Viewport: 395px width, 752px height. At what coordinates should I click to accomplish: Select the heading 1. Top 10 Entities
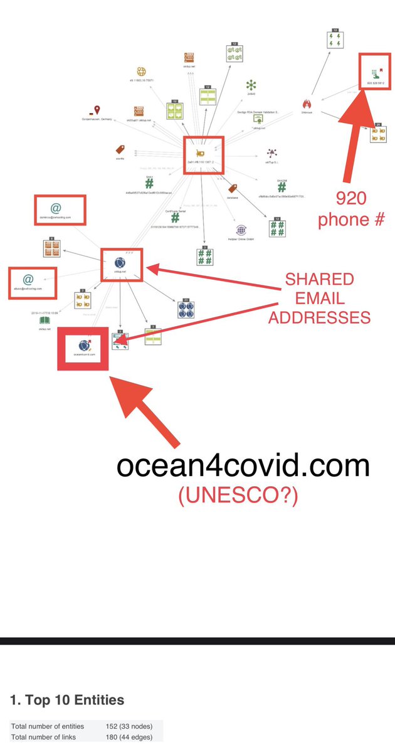click(x=67, y=700)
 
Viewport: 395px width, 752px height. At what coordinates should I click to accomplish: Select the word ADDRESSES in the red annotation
click(x=320, y=318)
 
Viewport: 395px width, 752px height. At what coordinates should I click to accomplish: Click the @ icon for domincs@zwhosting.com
click(x=56, y=208)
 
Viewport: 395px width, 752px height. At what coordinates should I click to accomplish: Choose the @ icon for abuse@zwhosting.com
click(x=28, y=278)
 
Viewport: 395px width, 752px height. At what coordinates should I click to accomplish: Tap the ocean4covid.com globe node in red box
click(x=83, y=344)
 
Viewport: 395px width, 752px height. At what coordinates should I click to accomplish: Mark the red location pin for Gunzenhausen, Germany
click(x=97, y=110)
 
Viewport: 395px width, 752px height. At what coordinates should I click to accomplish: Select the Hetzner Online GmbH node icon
click(x=240, y=230)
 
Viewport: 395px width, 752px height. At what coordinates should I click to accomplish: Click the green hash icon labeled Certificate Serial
click(x=175, y=216)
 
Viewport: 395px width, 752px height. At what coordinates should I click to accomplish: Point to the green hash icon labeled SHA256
click(x=282, y=187)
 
